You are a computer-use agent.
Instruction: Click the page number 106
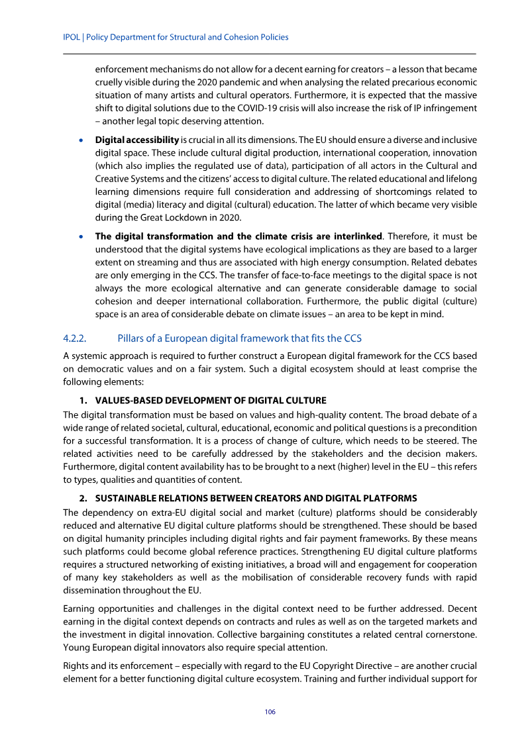(270, 712)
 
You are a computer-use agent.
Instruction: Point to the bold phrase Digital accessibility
(137, 140)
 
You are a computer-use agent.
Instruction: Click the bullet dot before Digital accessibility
(81, 140)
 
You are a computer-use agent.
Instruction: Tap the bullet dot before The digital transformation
(81, 236)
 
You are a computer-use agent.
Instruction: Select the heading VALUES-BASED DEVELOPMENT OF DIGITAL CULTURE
(211, 401)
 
